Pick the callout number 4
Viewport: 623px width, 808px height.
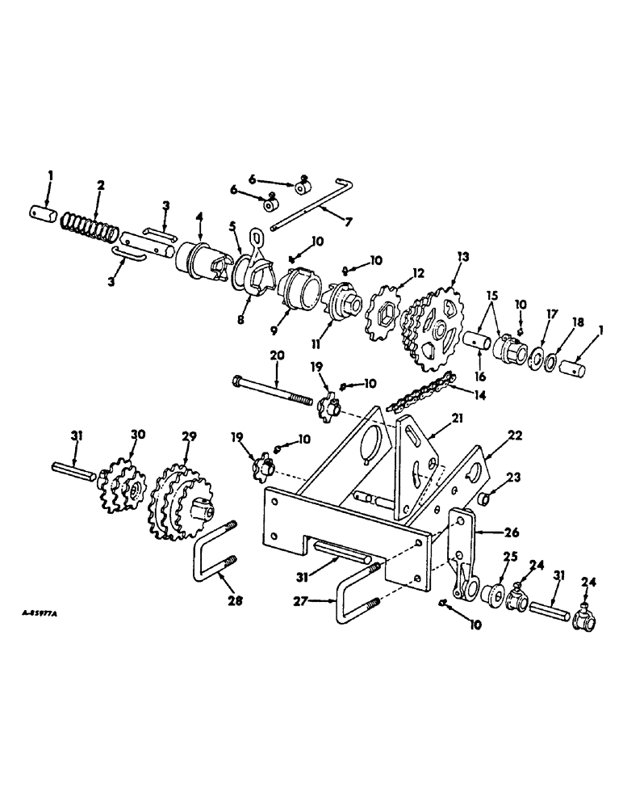coord(200,217)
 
